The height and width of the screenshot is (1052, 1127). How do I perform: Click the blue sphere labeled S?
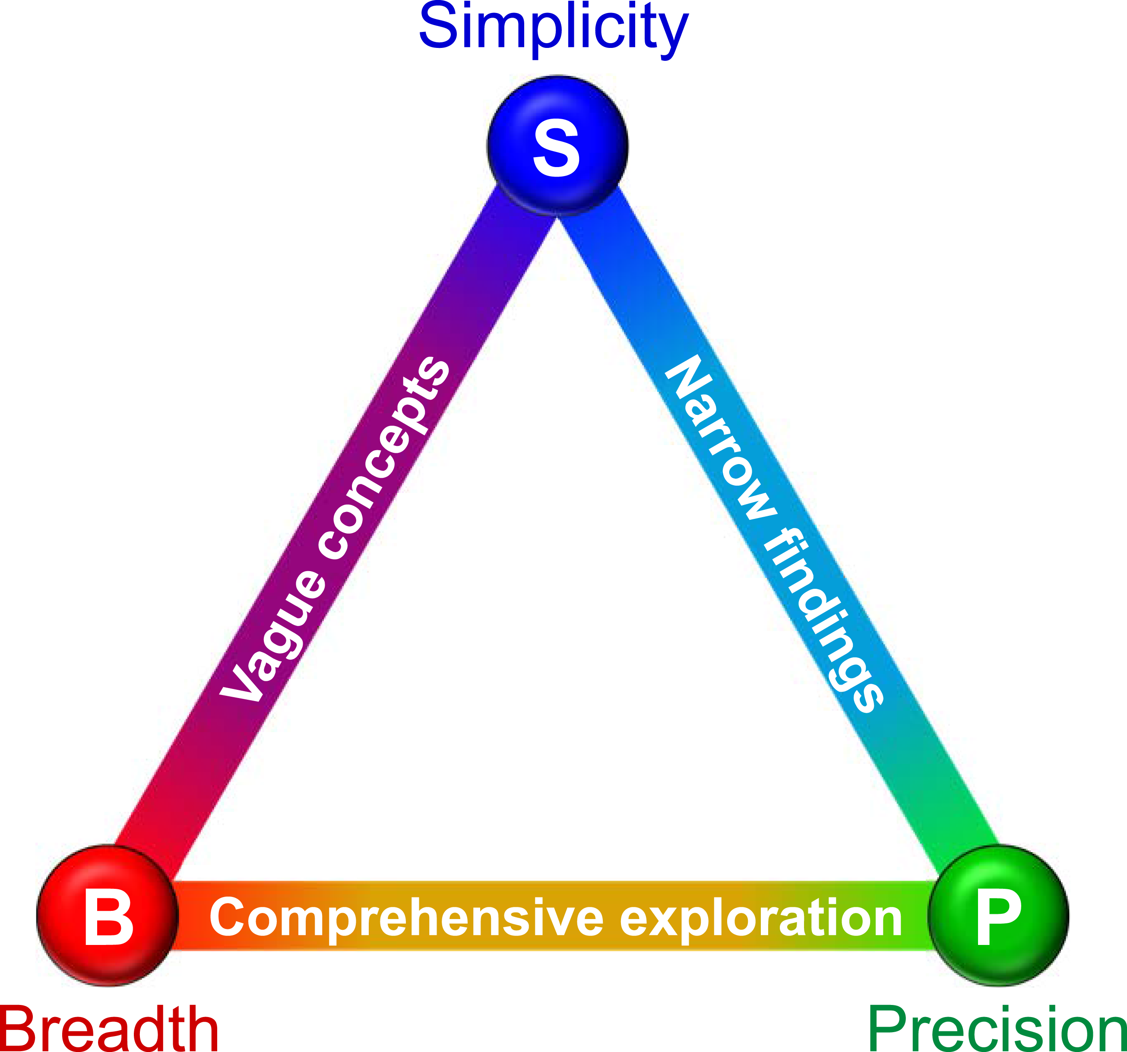(x=557, y=145)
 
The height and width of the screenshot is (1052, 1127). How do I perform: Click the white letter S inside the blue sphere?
(x=557, y=150)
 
